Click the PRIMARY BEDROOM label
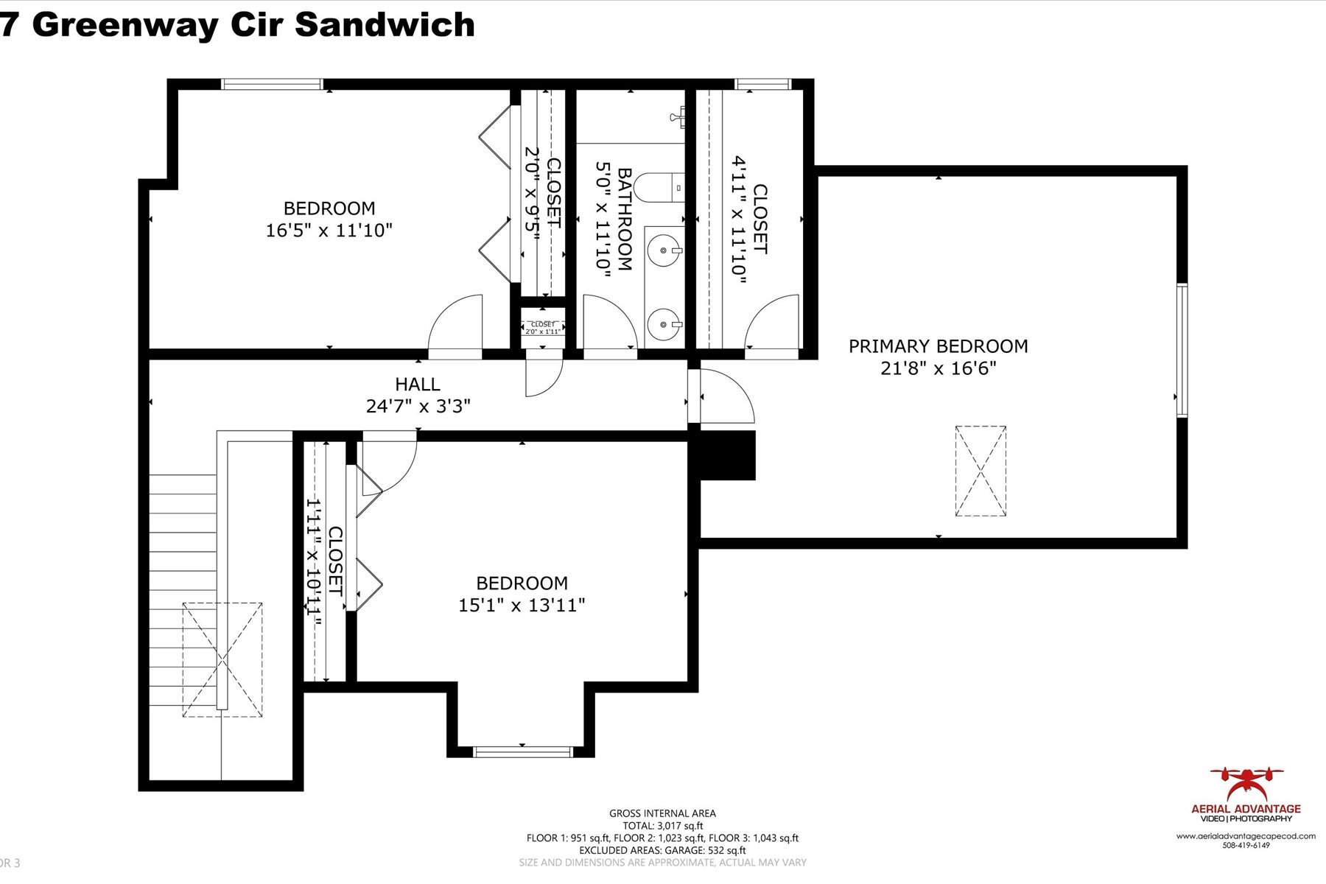pyautogui.click(x=938, y=346)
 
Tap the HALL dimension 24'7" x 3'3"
pyautogui.click(x=418, y=406)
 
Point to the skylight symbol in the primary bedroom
pyautogui.click(x=981, y=471)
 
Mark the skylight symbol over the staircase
pyautogui.click(x=222, y=659)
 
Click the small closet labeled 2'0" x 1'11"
pyautogui.click(x=543, y=328)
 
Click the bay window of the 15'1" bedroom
pyautogui.click(x=522, y=751)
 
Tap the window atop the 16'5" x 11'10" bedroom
pyautogui.click(x=273, y=84)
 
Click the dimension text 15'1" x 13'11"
pyautogui.click(x=522, y=606)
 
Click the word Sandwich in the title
pyautogui.click(x=385, y=24)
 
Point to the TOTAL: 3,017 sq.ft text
pyautogui.click(x=662, y=826)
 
